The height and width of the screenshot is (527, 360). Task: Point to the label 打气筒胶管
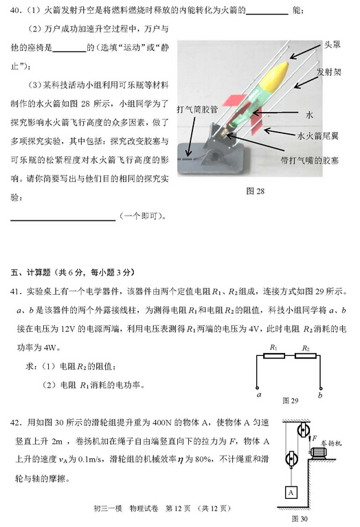pyautogui.click(x=197, y=109)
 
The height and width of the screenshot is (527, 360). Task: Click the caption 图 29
pyautogui.click(x=290, y=400)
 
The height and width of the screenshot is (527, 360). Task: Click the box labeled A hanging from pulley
pyautogui.click(x=291, y=493)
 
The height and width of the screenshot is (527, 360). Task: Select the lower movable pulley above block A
pyautogui.click(x=291, y=459)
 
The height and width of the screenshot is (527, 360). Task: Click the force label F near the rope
pyautogui.click(x=313, y=438)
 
